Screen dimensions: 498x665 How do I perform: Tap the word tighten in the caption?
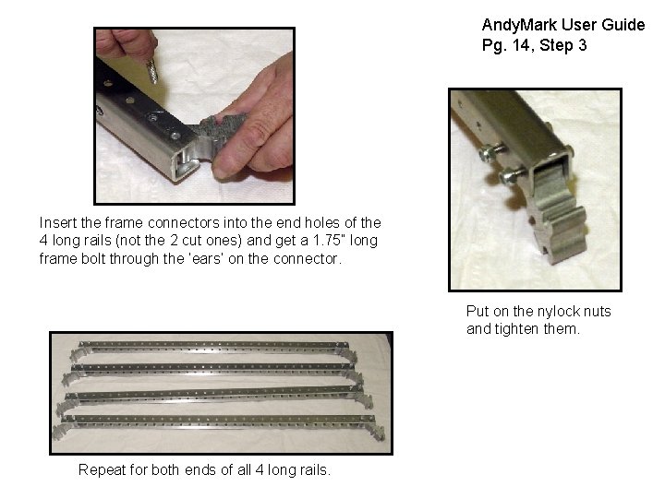click(518, 329)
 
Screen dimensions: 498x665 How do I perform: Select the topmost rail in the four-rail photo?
click(212, 348)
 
